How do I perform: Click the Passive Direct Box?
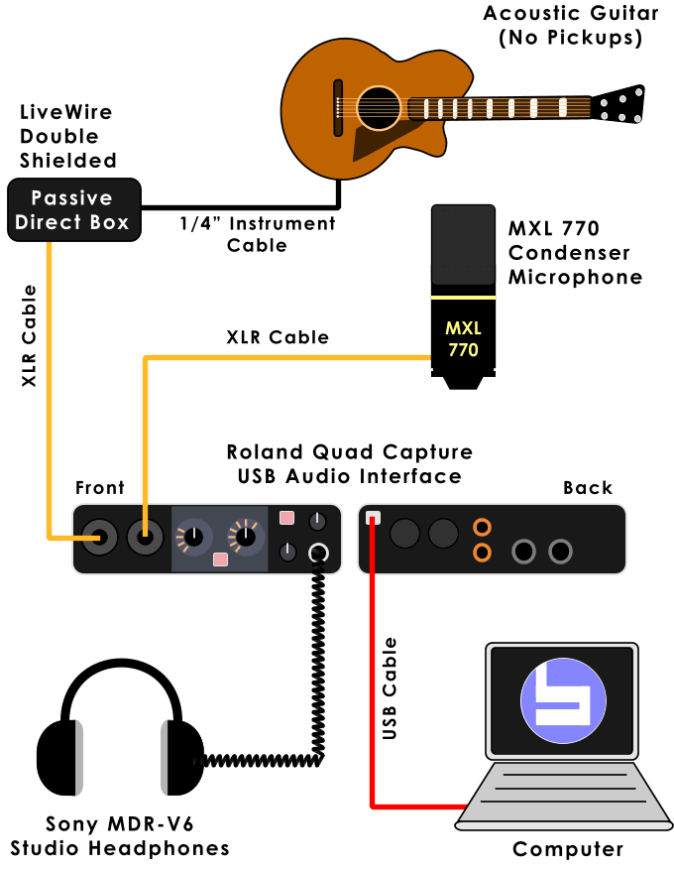click(72, 209)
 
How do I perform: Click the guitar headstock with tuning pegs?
click(619, 103)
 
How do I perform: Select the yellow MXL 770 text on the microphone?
click(462, 338)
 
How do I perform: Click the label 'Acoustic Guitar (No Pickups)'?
click(571, 26)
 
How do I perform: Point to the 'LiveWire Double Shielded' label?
click(67, 137)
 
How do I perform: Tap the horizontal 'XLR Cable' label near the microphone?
click(277, 338)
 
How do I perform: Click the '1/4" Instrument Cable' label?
click(258, 234)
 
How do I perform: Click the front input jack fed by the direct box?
click(100, 538)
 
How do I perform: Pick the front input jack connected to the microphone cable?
click(146, 538)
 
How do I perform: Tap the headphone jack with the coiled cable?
click(318, 554)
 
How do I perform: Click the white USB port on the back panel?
click(374, 518)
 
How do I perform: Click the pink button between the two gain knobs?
click(220, 559)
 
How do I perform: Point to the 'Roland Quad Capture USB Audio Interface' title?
click(348, 464)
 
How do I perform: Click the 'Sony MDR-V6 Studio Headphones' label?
click(119, 836)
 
